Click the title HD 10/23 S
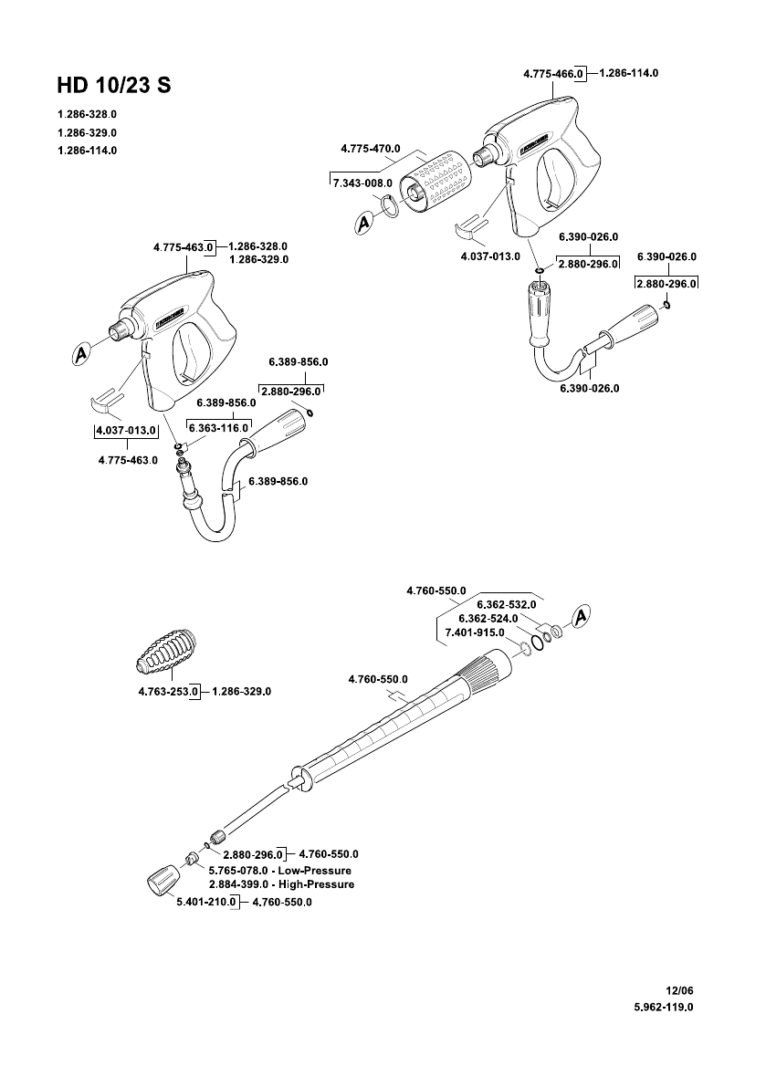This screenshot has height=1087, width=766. coord(113,85)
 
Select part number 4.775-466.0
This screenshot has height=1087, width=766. coord(553,72)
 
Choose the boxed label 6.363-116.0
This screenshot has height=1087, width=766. coord(219,427)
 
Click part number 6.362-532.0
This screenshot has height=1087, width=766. coord(506,604)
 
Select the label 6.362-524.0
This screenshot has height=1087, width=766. coord(488,618)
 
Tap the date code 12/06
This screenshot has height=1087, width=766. coord(681,989)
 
